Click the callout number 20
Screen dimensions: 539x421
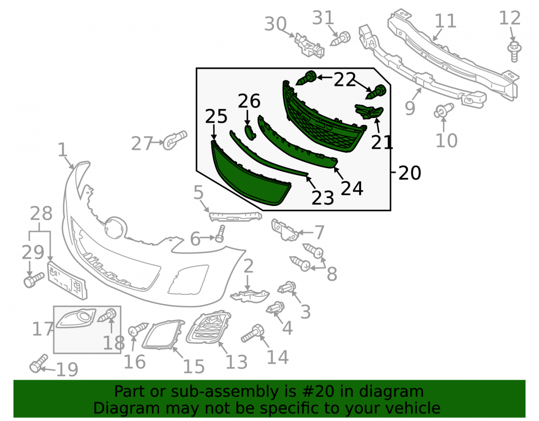click(x=410, y=173)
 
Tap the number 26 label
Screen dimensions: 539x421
click(x=249, y=101)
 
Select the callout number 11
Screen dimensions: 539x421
click(x=446, y=21)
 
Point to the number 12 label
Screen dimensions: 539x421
click(x=510, y=18)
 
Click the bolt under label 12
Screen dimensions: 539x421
click(x=514, y=52)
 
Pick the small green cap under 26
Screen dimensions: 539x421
click(x=250, y=132)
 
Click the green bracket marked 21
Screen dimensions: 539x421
click(x=369, y=112)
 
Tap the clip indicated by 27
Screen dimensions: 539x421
click(x=175, y=140)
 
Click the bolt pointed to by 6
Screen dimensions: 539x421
click(x=220, y=234)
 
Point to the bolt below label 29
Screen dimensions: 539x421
click(x=34, y=280)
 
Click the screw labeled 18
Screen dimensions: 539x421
click(x=108, y=315)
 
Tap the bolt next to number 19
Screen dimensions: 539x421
click(x=38, y=363)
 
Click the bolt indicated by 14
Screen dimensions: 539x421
click(x=253, y=333)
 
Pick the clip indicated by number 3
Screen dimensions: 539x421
click(x=287, y=287)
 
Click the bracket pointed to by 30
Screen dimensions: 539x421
click(x=309, y=45)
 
